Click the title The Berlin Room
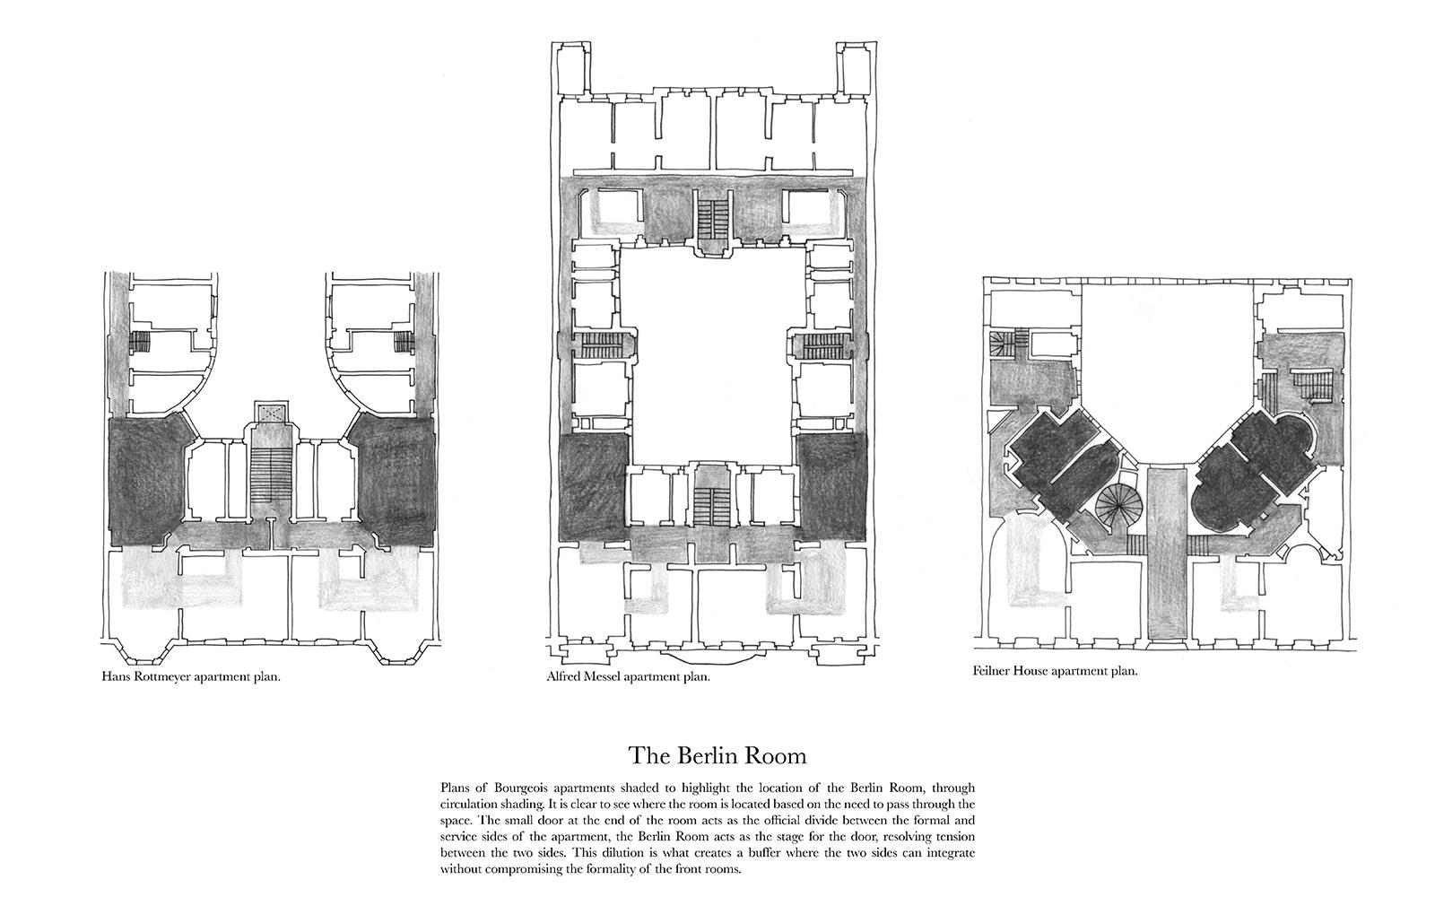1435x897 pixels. tap(717, 756)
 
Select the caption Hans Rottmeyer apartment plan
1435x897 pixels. tap(191, 677)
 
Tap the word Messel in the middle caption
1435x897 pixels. tap(602, 676)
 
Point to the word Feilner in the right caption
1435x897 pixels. tap(992, 672)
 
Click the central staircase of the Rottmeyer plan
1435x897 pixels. tap(272, 475)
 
